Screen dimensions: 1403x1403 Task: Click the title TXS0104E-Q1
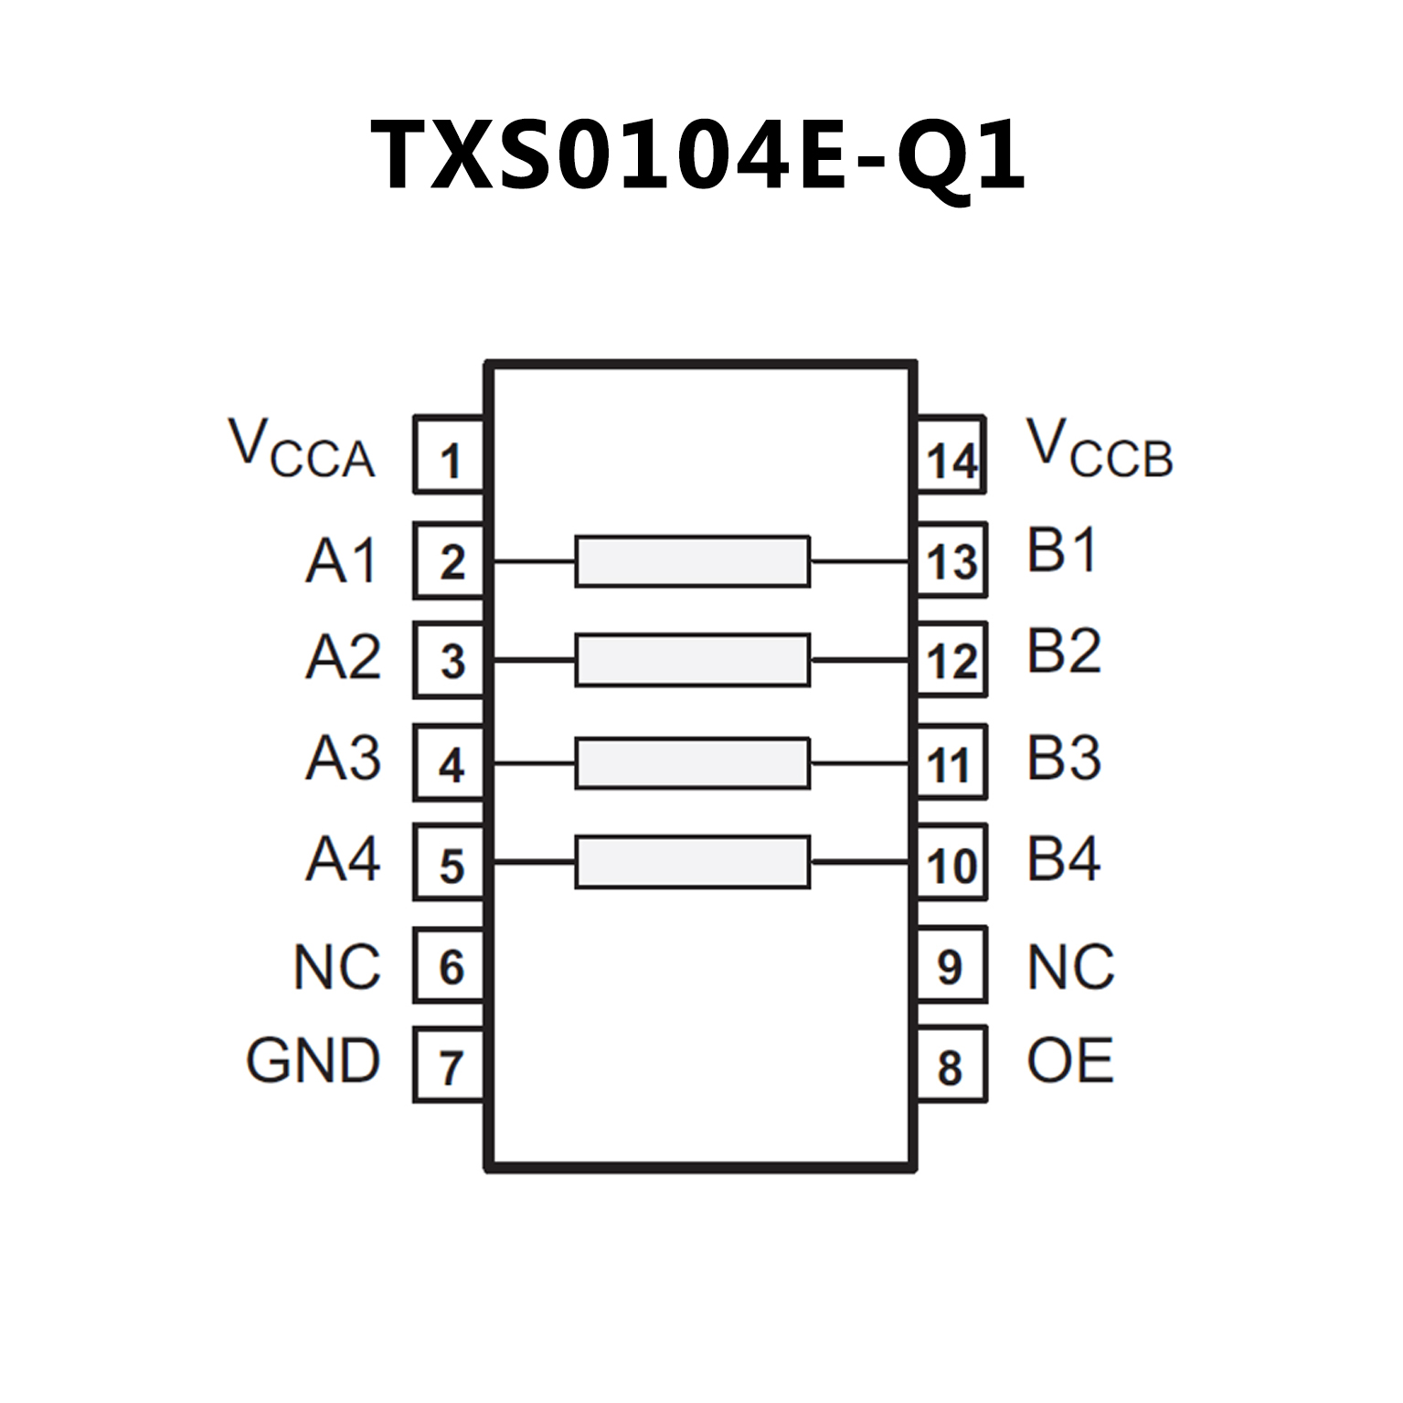(699, 155)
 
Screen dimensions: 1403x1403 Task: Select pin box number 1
(449, 455)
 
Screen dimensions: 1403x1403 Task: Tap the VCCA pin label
(302, 449)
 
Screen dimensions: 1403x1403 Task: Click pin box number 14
(951, 455)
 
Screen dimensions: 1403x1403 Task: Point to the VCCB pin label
(1099, 449)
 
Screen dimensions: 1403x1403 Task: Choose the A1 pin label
(341, 560)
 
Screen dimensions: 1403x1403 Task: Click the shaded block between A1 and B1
(692, 561)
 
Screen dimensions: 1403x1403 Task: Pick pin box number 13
(951, 560)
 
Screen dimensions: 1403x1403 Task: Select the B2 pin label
(1063, 652)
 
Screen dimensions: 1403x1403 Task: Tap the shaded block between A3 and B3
(692, 763)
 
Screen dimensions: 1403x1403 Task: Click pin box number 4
(449, 763)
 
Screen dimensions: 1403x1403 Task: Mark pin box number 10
(951, 863)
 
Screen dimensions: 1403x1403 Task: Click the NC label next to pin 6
(336, 967)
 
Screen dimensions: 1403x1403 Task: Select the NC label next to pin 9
(1070, 967)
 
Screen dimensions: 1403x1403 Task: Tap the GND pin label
(313, 1061)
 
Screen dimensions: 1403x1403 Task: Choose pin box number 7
(449, 1065)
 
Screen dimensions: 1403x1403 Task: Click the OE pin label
(1069, 1061)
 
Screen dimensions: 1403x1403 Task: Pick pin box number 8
(951, 1065)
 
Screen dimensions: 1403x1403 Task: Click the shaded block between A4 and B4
(692, 861)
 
